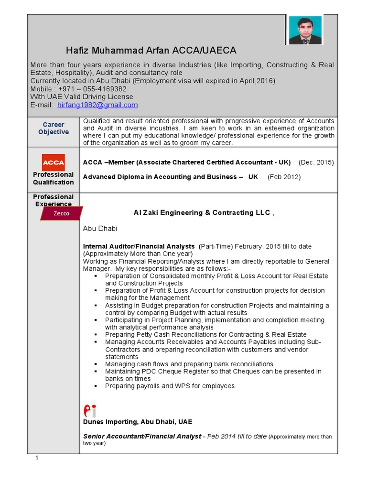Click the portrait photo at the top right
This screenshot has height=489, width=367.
coord(304,30)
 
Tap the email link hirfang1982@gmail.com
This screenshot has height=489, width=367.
coord(97,105)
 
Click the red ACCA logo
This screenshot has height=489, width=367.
coord(54,162)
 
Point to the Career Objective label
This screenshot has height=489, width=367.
coord(54,128)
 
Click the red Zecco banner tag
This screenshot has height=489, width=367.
coord(61,213)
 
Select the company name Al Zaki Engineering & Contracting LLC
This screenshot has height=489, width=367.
coord(201,213)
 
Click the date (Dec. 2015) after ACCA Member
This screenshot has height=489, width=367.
coord(316,162)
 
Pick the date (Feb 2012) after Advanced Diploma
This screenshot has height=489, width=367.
coord(284,177)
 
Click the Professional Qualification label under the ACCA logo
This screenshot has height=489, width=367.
coord(54,178)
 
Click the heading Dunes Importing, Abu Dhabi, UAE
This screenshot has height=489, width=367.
coord(138,422)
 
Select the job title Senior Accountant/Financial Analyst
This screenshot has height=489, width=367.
coord(142,436)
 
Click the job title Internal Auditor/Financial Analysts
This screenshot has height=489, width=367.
coord(139,246)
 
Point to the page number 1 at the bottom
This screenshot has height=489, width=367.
coord(36,458)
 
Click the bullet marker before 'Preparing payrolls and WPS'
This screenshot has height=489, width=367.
coord(96,386)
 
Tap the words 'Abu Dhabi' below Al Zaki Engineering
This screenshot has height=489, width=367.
coord(100,229)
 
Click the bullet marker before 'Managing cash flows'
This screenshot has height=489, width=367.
coord(96,364)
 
